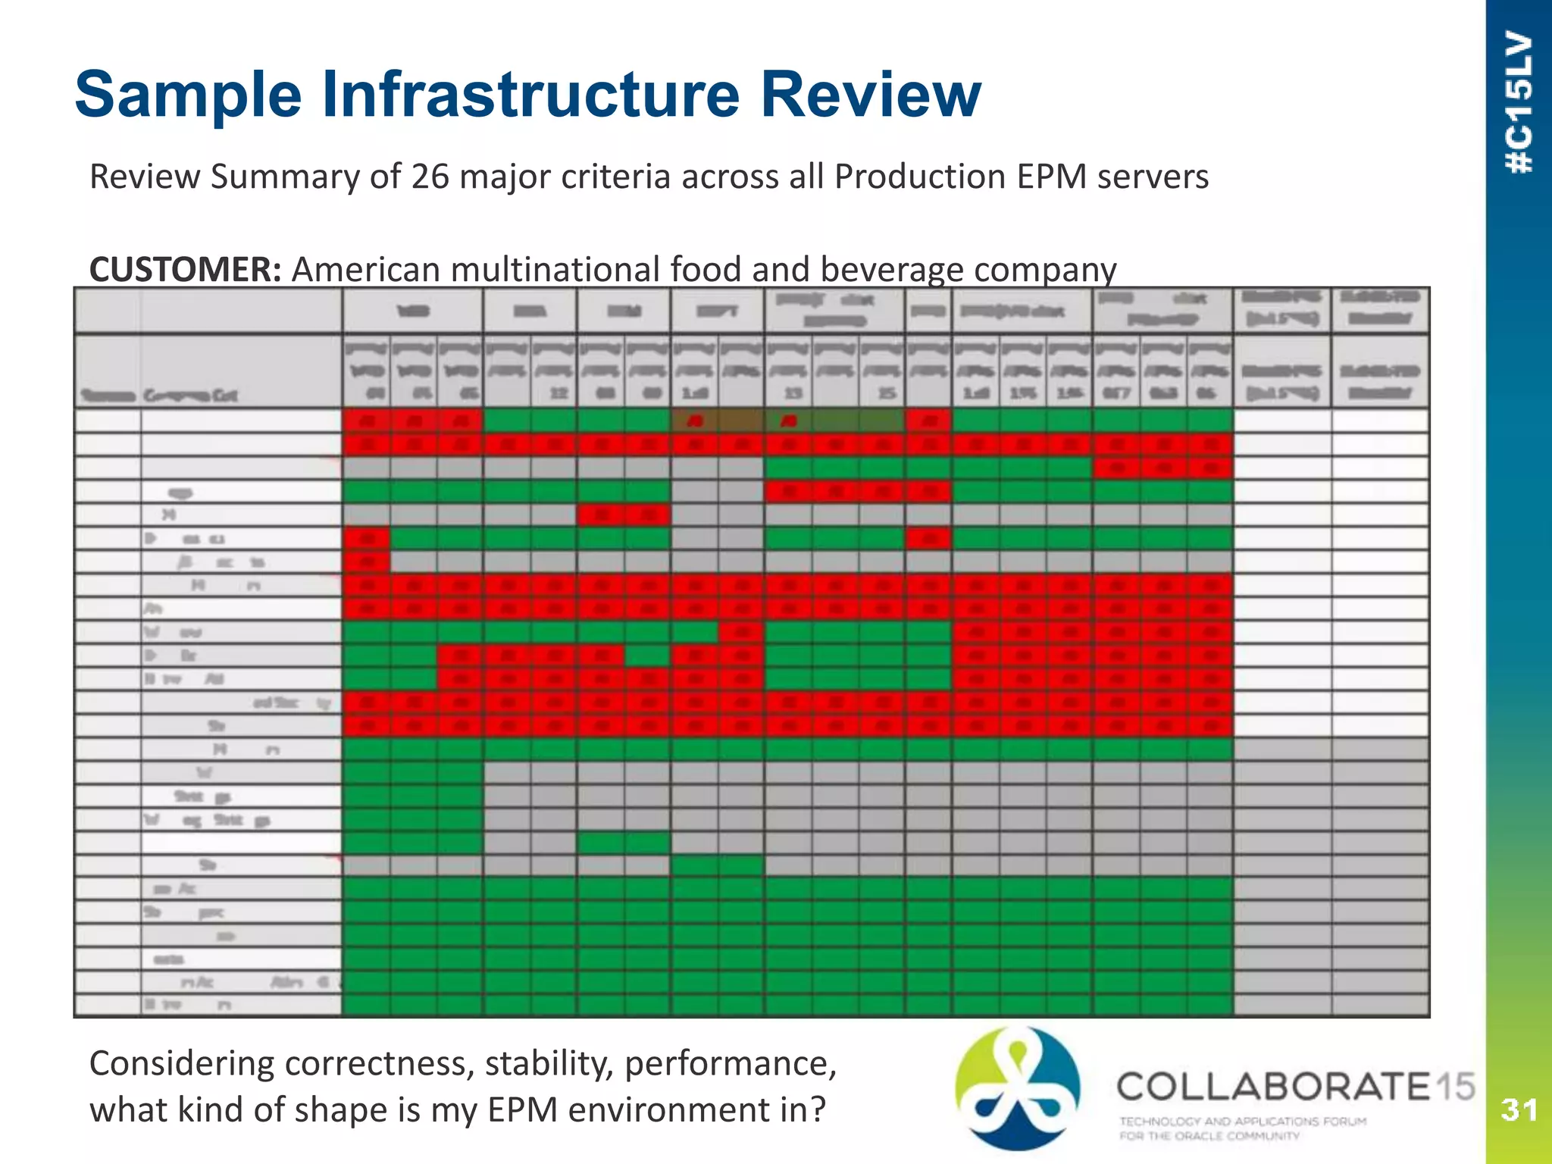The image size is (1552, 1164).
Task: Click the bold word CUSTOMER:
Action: (x=186, y=269)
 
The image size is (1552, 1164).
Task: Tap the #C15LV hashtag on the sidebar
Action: (x=1519, y=102)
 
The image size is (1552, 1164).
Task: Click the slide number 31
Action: (x=1519, y=1110)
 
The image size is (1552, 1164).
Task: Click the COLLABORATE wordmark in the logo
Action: (x=1273, y=1087)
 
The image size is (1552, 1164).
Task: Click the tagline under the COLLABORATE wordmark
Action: (x=1243, y=1128)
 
